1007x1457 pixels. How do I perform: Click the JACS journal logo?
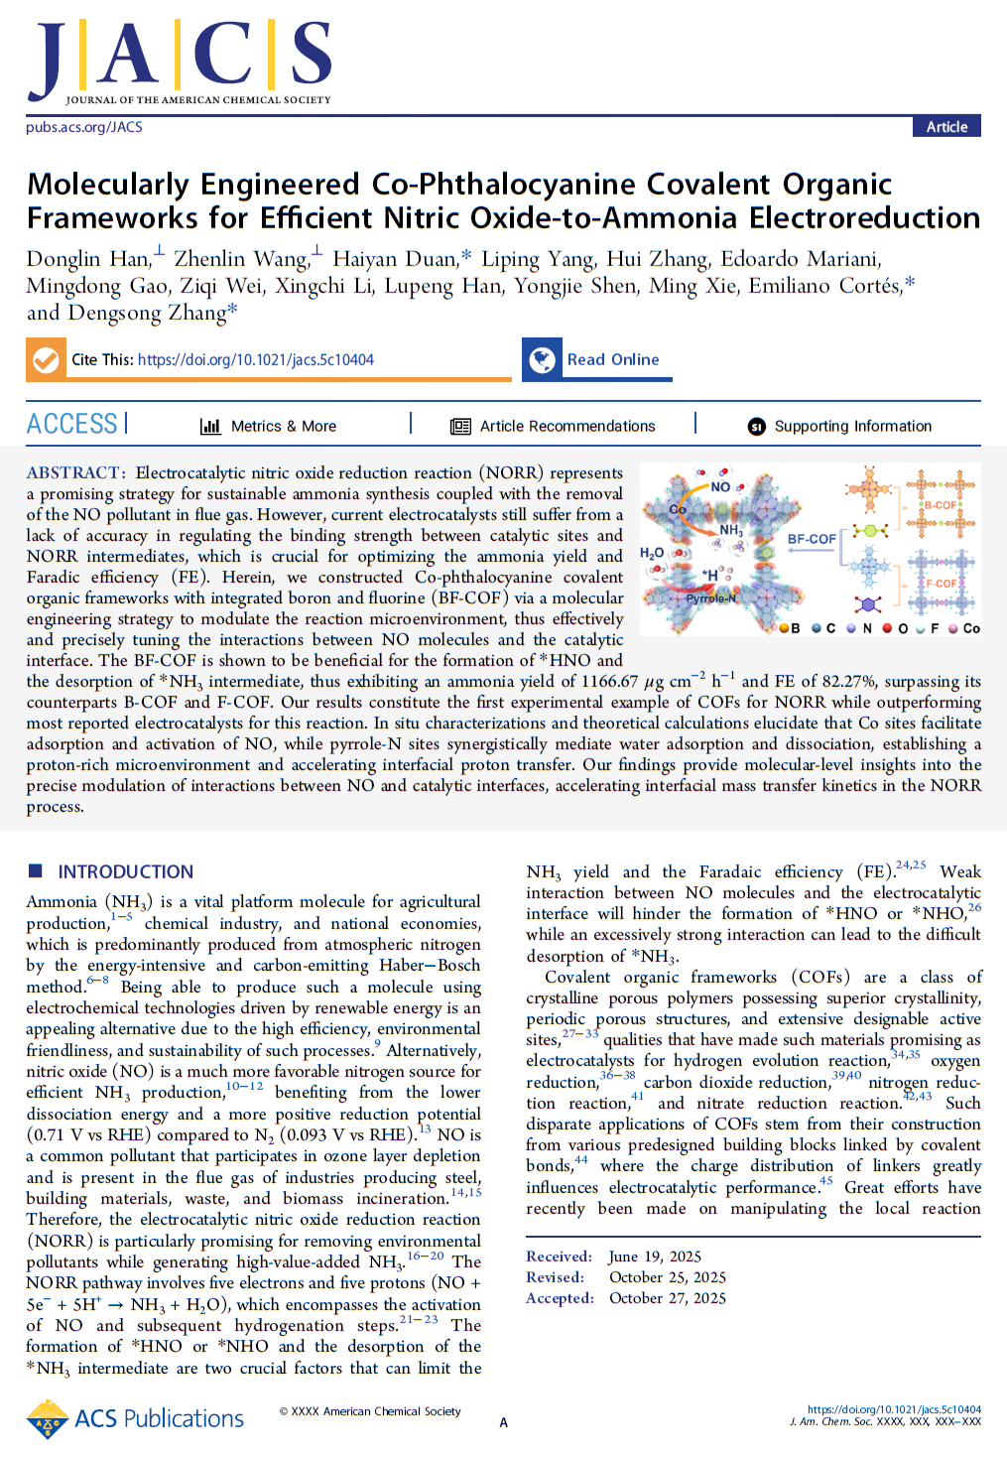180,62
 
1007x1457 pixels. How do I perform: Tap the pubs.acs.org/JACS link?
84,127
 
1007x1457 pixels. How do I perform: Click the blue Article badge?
946,126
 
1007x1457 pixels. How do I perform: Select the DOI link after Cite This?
256,360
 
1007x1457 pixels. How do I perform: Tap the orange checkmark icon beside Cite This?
46,359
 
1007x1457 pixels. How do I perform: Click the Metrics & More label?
283,426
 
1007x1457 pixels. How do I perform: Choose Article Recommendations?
566,426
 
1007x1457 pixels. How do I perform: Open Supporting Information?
852,426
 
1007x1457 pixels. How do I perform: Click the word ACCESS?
72,425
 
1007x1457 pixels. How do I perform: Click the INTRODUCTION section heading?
125,871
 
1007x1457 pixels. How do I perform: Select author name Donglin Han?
87,259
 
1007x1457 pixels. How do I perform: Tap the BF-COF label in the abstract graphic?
812,539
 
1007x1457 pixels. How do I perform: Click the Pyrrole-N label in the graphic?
711,598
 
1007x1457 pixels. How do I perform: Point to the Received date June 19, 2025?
655,1257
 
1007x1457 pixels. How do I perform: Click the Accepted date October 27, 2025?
667,1298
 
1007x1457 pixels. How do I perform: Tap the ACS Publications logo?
136,1419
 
